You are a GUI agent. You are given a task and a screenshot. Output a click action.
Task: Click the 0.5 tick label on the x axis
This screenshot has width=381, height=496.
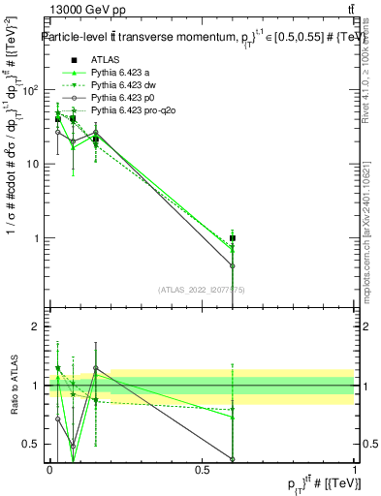(x=202, y=469)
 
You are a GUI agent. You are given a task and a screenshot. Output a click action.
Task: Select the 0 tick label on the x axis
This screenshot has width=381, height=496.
(x=49, y=469)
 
